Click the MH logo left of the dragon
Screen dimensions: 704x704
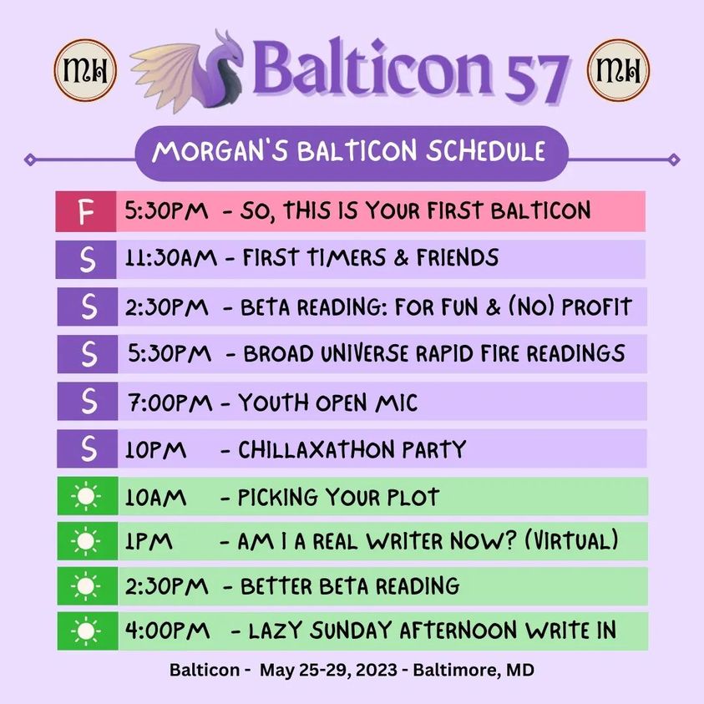85,70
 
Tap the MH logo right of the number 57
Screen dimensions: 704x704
618,70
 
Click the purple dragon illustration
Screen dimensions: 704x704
187,71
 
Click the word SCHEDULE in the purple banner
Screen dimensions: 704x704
485,150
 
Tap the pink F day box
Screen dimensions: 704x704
86,211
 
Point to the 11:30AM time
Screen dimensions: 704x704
170,258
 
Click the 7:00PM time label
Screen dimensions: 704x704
170,403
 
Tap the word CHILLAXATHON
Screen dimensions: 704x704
316,449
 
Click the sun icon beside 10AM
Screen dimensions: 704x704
86,497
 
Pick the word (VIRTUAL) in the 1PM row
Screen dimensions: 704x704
571,540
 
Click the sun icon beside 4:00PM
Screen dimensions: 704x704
86,631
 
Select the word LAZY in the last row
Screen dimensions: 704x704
275,631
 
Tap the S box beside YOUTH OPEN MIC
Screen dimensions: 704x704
88,401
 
